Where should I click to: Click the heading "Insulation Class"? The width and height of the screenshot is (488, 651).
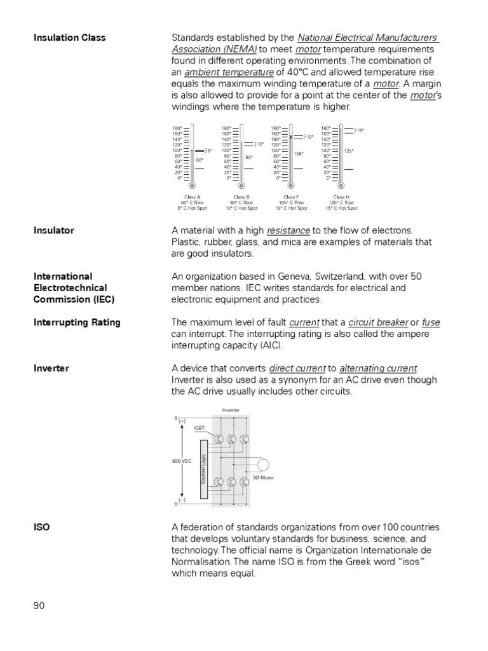[69, 38]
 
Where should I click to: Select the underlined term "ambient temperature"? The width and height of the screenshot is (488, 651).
[229, 72]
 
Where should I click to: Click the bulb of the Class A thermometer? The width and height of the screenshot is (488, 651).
[192, 185]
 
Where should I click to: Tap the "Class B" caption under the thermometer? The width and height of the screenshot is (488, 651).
[241, 197]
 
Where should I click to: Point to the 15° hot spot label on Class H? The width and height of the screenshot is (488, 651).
[360, 130]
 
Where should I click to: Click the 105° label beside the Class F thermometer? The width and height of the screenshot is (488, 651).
[299, 153]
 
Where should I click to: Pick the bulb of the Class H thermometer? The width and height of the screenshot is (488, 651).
[341, 185]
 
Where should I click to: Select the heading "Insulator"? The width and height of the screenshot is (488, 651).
[53, 230]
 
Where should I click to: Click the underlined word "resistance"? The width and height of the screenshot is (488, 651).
[288, 230]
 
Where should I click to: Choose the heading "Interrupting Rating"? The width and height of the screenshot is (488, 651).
[77, 322]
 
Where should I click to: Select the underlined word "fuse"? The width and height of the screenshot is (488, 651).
[431, 322]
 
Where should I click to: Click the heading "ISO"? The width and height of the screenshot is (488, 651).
[42, 528]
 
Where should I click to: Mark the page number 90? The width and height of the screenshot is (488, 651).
[39, 605]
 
